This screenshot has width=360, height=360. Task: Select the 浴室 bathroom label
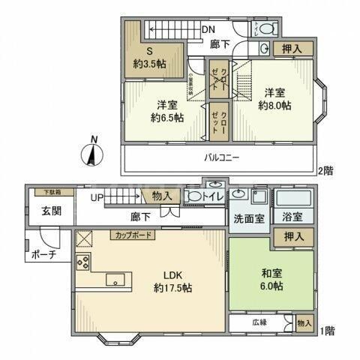point(292,217)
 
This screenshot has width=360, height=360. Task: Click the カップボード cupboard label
point(133,235)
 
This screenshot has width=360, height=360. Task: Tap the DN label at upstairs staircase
point(211,30)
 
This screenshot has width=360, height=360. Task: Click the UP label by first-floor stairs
point(97,198)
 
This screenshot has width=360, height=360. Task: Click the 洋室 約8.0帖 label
point(276,98)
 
